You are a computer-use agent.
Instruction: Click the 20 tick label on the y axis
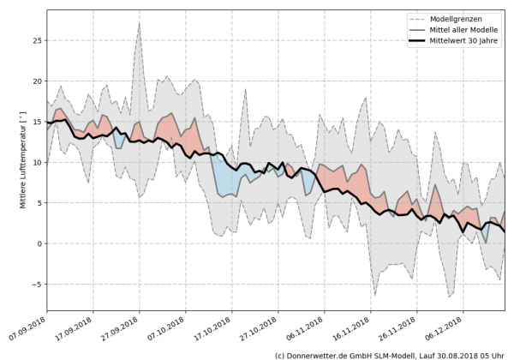36,81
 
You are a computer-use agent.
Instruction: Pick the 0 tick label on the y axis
39,243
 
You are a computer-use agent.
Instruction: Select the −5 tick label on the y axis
36,285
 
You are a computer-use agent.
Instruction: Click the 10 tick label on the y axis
36,162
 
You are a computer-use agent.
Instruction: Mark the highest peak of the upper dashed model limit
140,23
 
